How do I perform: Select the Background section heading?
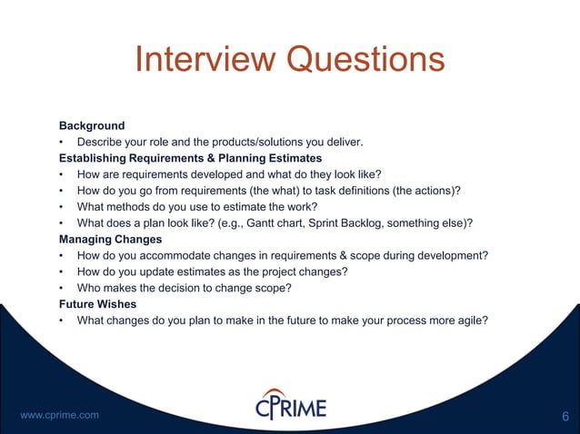[92, 124]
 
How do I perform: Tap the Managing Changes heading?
[110, 239]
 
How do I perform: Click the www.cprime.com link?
[59, 415]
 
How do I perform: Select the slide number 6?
[565, 417]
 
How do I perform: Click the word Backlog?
[416, 222]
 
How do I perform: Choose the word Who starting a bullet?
[91, 288]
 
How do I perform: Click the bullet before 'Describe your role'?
[60, 141]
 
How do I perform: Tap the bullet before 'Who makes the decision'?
[60, 288]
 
